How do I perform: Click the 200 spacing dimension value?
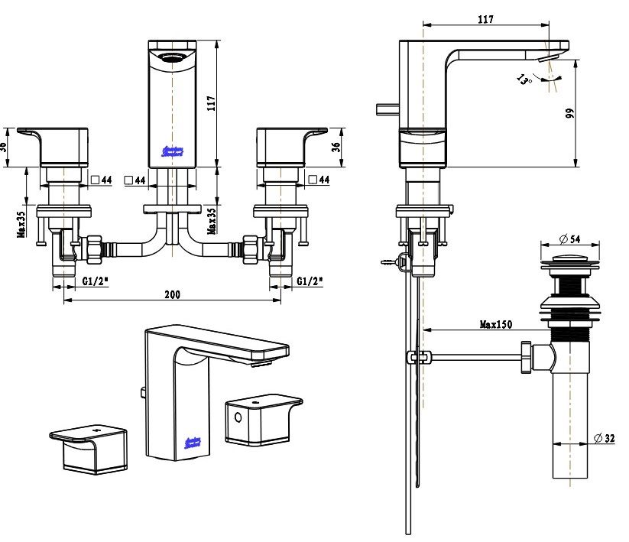pos(172,295)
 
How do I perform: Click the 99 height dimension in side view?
pos(569,113)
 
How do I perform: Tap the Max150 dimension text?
pos(495,323)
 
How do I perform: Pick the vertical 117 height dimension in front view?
pos(212,102)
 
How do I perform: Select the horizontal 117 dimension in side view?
pos(485,19)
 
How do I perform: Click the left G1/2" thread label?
pos(96,281)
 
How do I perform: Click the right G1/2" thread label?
pos(310,281)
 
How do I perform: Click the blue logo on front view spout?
pos(175,151)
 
